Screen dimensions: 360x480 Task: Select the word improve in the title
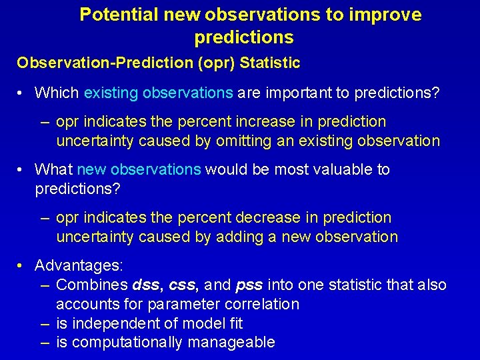(x=391, y=15)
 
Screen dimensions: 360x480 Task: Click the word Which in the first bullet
(x=57, y=93)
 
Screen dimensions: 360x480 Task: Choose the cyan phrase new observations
(x=139, y=170)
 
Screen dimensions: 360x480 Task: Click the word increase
(x=253, y=122)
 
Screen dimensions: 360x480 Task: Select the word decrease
(x=256, y=218)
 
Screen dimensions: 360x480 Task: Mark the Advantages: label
(x=79, y=266)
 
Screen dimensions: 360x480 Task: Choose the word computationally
(x=127, y=343)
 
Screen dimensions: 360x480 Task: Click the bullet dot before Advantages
(x=22, y=266)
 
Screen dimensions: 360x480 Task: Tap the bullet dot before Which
(x=22, y=93)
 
